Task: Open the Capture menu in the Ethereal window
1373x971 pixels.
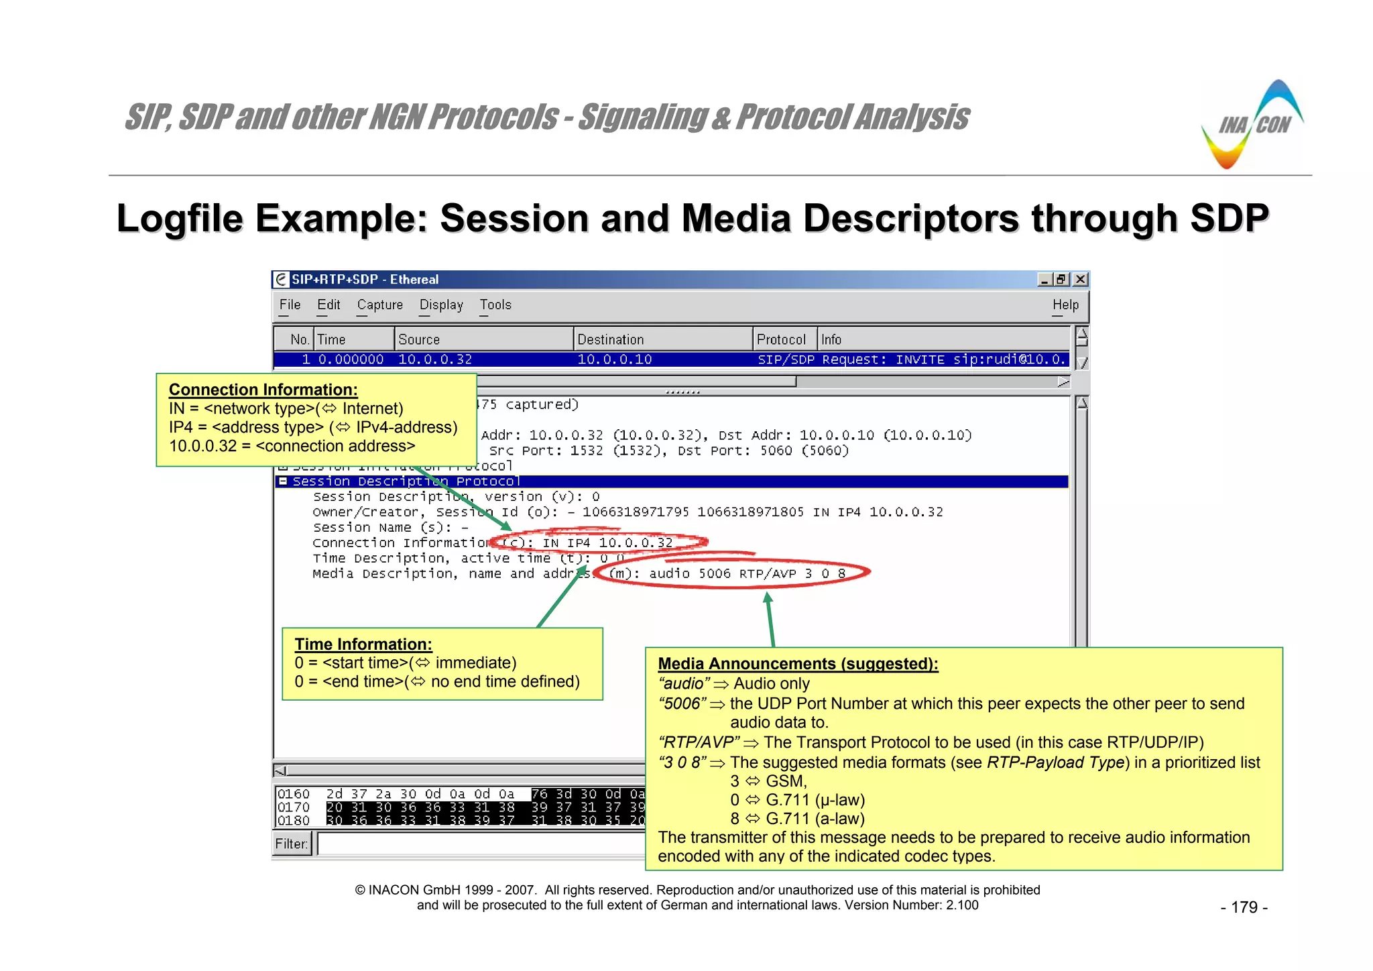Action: click(x=379, y=305)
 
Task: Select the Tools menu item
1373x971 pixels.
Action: click(x=495, y=305)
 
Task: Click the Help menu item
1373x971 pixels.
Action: click(x=1065, y=305)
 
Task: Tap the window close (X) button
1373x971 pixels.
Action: click(x=1080, y=280)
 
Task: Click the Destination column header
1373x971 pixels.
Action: click(x=610, y=340)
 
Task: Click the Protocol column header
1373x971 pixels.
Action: click(x=781, y=340)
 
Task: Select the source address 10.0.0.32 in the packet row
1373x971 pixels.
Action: click(x=435, y=359)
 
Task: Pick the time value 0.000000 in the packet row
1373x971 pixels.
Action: click(x=351, y=359)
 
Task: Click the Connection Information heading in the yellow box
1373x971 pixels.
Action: click(x=263, y=390)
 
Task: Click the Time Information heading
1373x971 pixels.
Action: click(x=363, y=644)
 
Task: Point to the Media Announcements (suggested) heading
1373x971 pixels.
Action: click(x=798, y=664)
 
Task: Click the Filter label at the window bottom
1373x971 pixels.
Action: click(x=292, y=844)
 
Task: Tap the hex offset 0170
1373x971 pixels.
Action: click(x=294, y=807)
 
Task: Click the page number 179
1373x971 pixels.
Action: click(x=1244, y=907)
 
